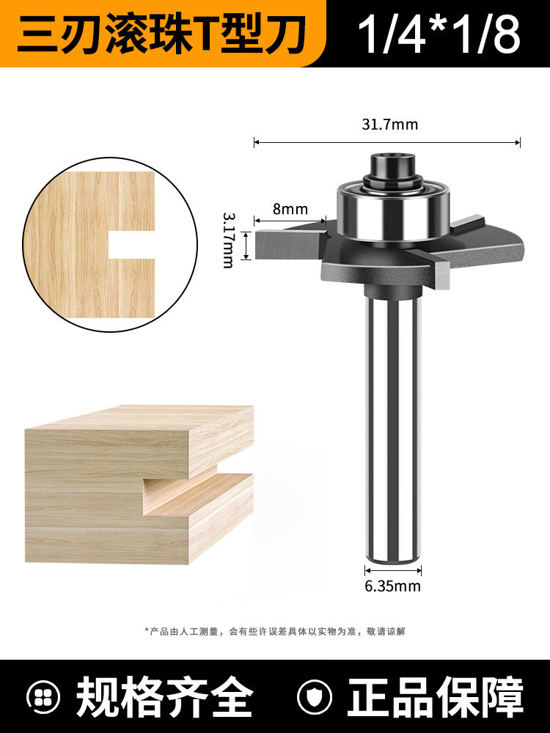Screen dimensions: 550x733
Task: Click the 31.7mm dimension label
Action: click(x=389, y=125)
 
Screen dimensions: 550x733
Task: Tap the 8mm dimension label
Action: click(x=290, y=208)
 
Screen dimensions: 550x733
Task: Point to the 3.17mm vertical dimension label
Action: click(x=228, y=240)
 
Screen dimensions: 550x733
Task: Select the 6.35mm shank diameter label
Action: click(x=392, y=586)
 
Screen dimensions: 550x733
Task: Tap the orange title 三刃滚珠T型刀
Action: click(x=162, y=34)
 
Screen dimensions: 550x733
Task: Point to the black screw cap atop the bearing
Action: click(x=393, y=167)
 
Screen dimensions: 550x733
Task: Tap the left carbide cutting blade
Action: click(x=289, y=243)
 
